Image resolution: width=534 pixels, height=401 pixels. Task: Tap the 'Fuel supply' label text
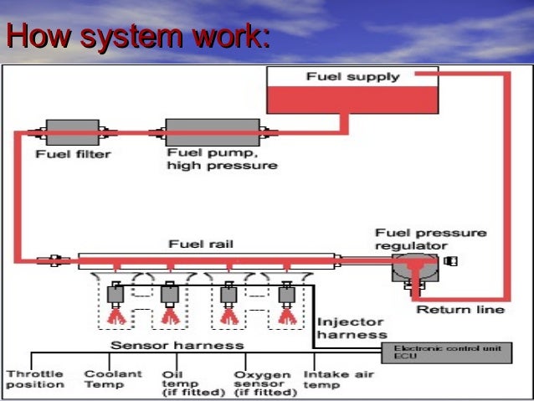(353, 77)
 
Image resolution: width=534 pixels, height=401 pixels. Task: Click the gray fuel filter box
(73, 132)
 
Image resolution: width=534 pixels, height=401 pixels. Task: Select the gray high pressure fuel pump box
(213, 132)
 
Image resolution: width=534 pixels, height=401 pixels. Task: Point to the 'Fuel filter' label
(73, 154)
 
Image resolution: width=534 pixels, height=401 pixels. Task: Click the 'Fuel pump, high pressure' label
(222, 159)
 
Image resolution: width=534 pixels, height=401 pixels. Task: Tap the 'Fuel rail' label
(201, 244)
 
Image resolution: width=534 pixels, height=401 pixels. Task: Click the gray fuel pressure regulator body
(415, 268)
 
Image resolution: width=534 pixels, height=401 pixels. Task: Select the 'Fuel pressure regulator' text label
(431, 239)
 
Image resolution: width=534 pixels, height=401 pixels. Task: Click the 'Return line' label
(460, 310)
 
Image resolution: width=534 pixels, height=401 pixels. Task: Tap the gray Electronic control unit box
(446, 353)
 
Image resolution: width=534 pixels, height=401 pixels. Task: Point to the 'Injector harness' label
(352, 328)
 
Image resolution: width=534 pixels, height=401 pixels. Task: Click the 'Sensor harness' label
(177, 346)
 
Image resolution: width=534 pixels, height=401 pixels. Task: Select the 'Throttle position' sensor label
(35, 379)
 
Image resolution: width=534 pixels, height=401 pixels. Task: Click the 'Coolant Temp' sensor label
(113, 379)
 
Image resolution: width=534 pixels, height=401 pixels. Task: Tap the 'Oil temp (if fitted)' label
(193, 383)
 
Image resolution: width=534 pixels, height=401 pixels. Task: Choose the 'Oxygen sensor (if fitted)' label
(265, 383)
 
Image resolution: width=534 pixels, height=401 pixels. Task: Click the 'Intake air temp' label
(339, 379)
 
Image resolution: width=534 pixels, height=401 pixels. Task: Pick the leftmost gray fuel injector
(116, 295)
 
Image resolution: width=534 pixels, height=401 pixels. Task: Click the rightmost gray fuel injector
(287, 295)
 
